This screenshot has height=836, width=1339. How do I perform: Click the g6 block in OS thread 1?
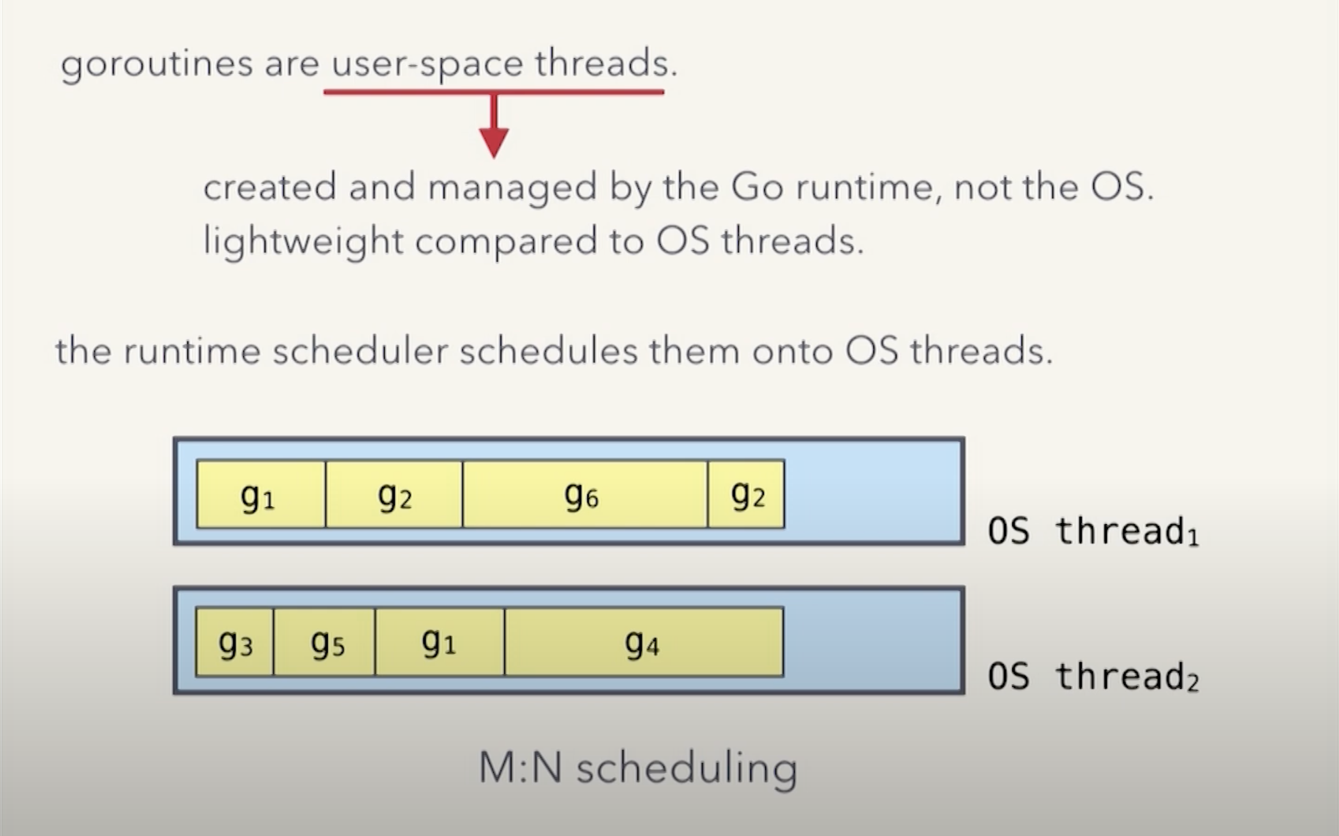[x=585, y=494]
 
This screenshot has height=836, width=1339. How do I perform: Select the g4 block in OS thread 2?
[x=644, y=642]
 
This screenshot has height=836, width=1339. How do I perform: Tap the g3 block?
[x=235, y=642]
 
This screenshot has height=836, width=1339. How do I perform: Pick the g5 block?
[x=324, y=642]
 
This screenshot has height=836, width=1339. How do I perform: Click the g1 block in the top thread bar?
[x=261, y=494]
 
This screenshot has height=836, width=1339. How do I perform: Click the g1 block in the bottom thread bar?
[x=439, y=642]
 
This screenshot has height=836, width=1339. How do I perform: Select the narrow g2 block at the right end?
[x=746, y=494]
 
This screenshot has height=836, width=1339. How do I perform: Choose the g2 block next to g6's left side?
[x=394, y=494]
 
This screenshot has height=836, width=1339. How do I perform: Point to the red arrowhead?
[x=493, y=142]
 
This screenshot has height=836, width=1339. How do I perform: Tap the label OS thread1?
[x=1093, y=532]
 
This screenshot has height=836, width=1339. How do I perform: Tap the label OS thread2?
[x=1093, y=677]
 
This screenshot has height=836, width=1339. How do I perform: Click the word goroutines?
[x=156, y=64]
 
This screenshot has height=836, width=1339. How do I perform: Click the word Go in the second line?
[x=757, y=188]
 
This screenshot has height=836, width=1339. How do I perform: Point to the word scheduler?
[x=360, y=351]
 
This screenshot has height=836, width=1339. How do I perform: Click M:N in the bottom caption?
[x=520, y=768]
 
